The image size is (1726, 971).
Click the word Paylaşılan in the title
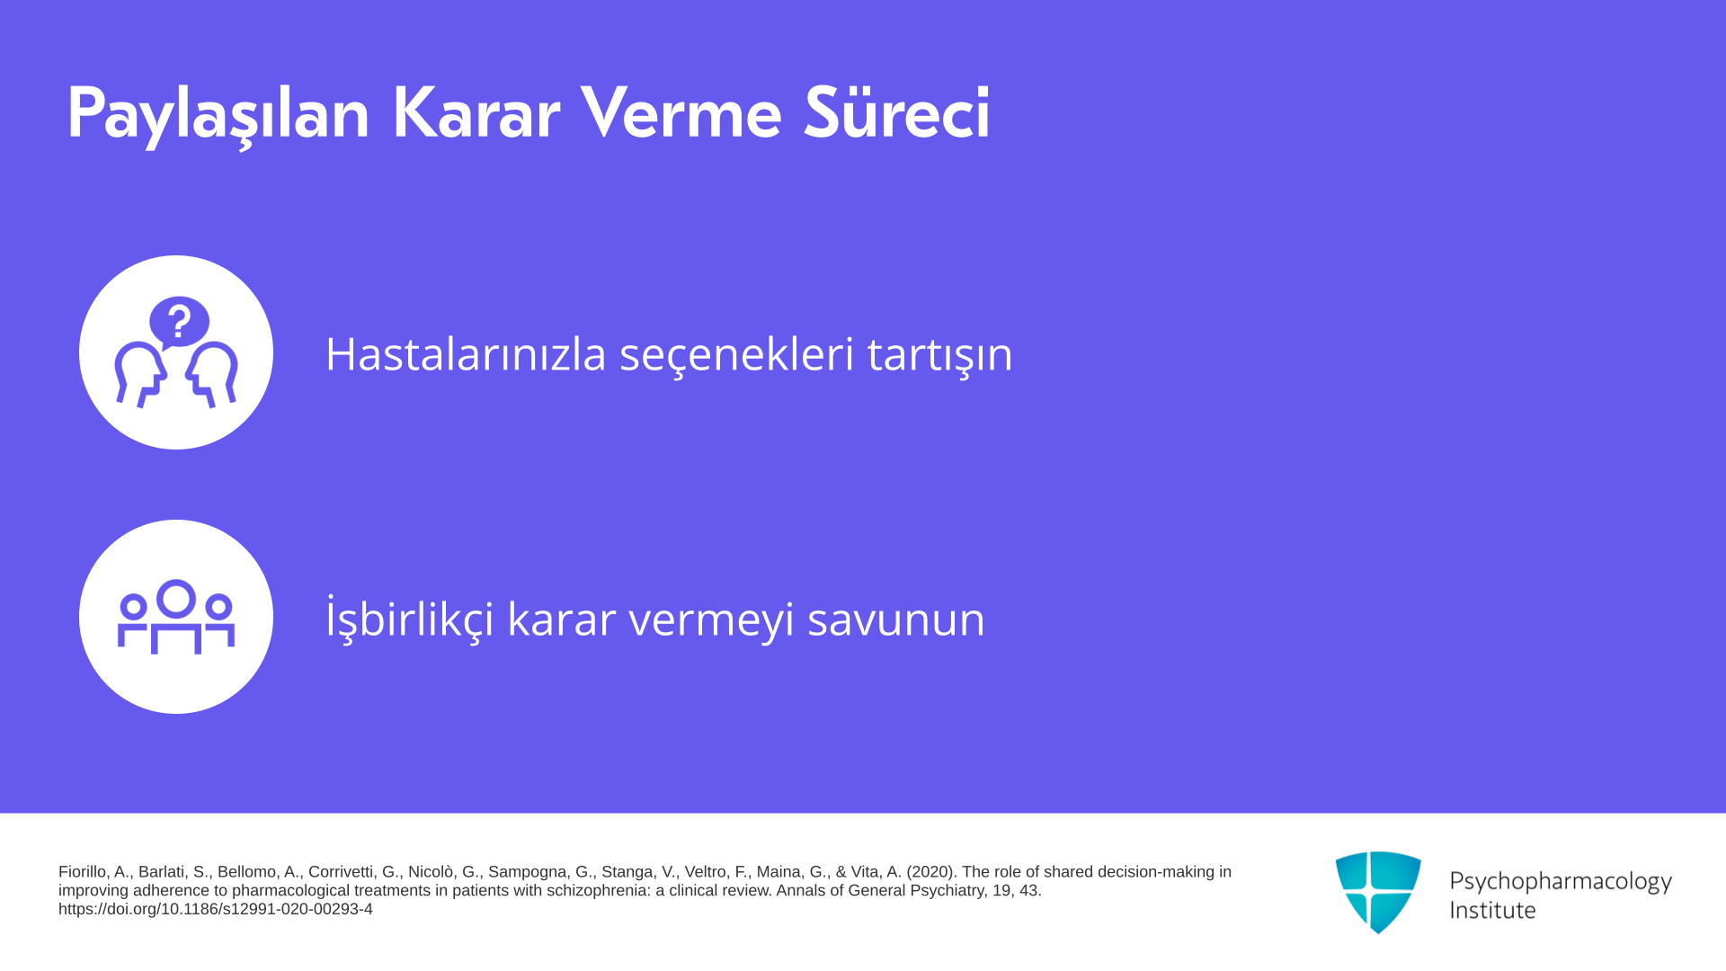218,114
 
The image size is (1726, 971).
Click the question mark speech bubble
179,322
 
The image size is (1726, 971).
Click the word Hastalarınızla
466,353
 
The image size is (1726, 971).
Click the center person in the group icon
176,617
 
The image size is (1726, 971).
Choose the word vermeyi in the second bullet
711,620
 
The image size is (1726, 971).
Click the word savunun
896,620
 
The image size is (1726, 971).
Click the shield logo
1378,892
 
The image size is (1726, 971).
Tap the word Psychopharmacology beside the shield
1561,882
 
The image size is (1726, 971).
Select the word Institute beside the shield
1492,910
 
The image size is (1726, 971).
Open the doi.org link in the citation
216,909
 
